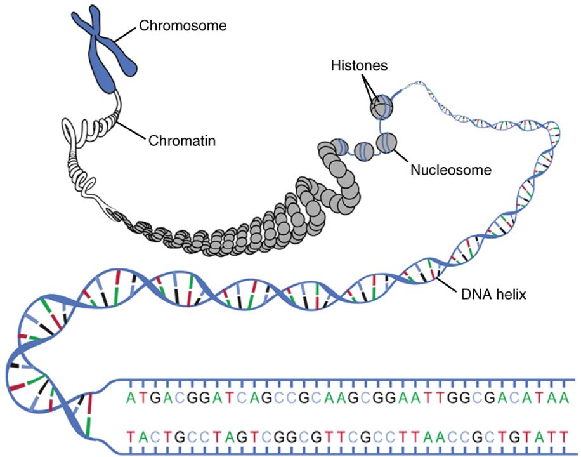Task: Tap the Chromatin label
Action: pos(182,141)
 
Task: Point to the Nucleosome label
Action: pos(451,169)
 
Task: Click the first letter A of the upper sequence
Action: pos(131,399)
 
